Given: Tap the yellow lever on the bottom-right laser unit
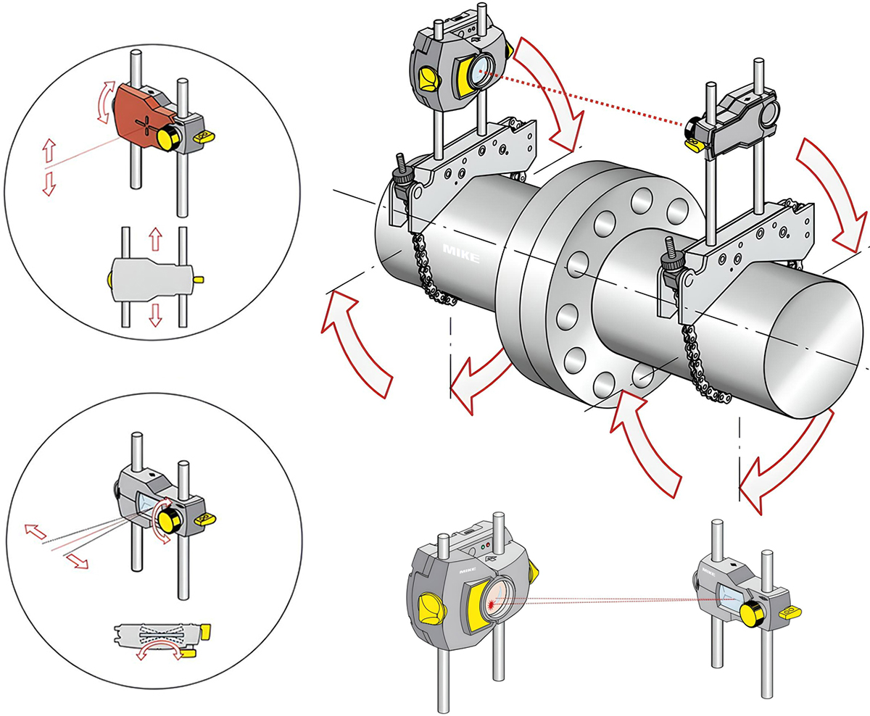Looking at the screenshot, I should point(788,613).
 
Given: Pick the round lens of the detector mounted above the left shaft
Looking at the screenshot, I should point(480,72).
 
